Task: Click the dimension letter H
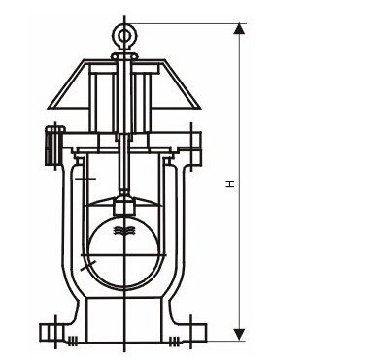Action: tap(230, 184)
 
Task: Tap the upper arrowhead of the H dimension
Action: tap(239, 28)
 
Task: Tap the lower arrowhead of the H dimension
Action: tap(239, 334)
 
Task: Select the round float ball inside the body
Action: tap(124, 252)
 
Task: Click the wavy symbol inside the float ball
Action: tap(124, 231)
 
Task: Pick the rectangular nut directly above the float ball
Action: tap(124, 207)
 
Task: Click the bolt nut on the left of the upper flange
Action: tap(53, 146)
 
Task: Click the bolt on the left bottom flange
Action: tap(51, 332)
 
